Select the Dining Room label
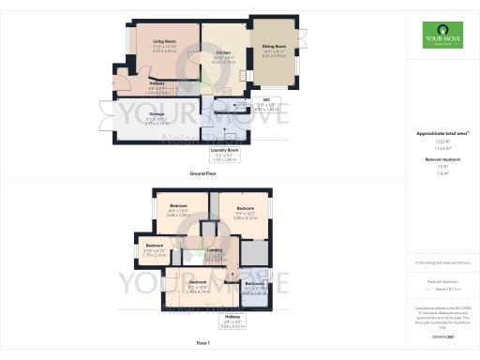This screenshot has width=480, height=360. [275, 48]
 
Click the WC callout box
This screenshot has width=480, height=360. [268, 105]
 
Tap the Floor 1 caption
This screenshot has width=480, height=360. [203, 344]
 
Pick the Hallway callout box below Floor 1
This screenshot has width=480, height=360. [232, 323]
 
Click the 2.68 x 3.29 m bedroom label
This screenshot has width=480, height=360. [179, 211]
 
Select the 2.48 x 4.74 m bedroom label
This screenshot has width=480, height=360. [198, 287]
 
